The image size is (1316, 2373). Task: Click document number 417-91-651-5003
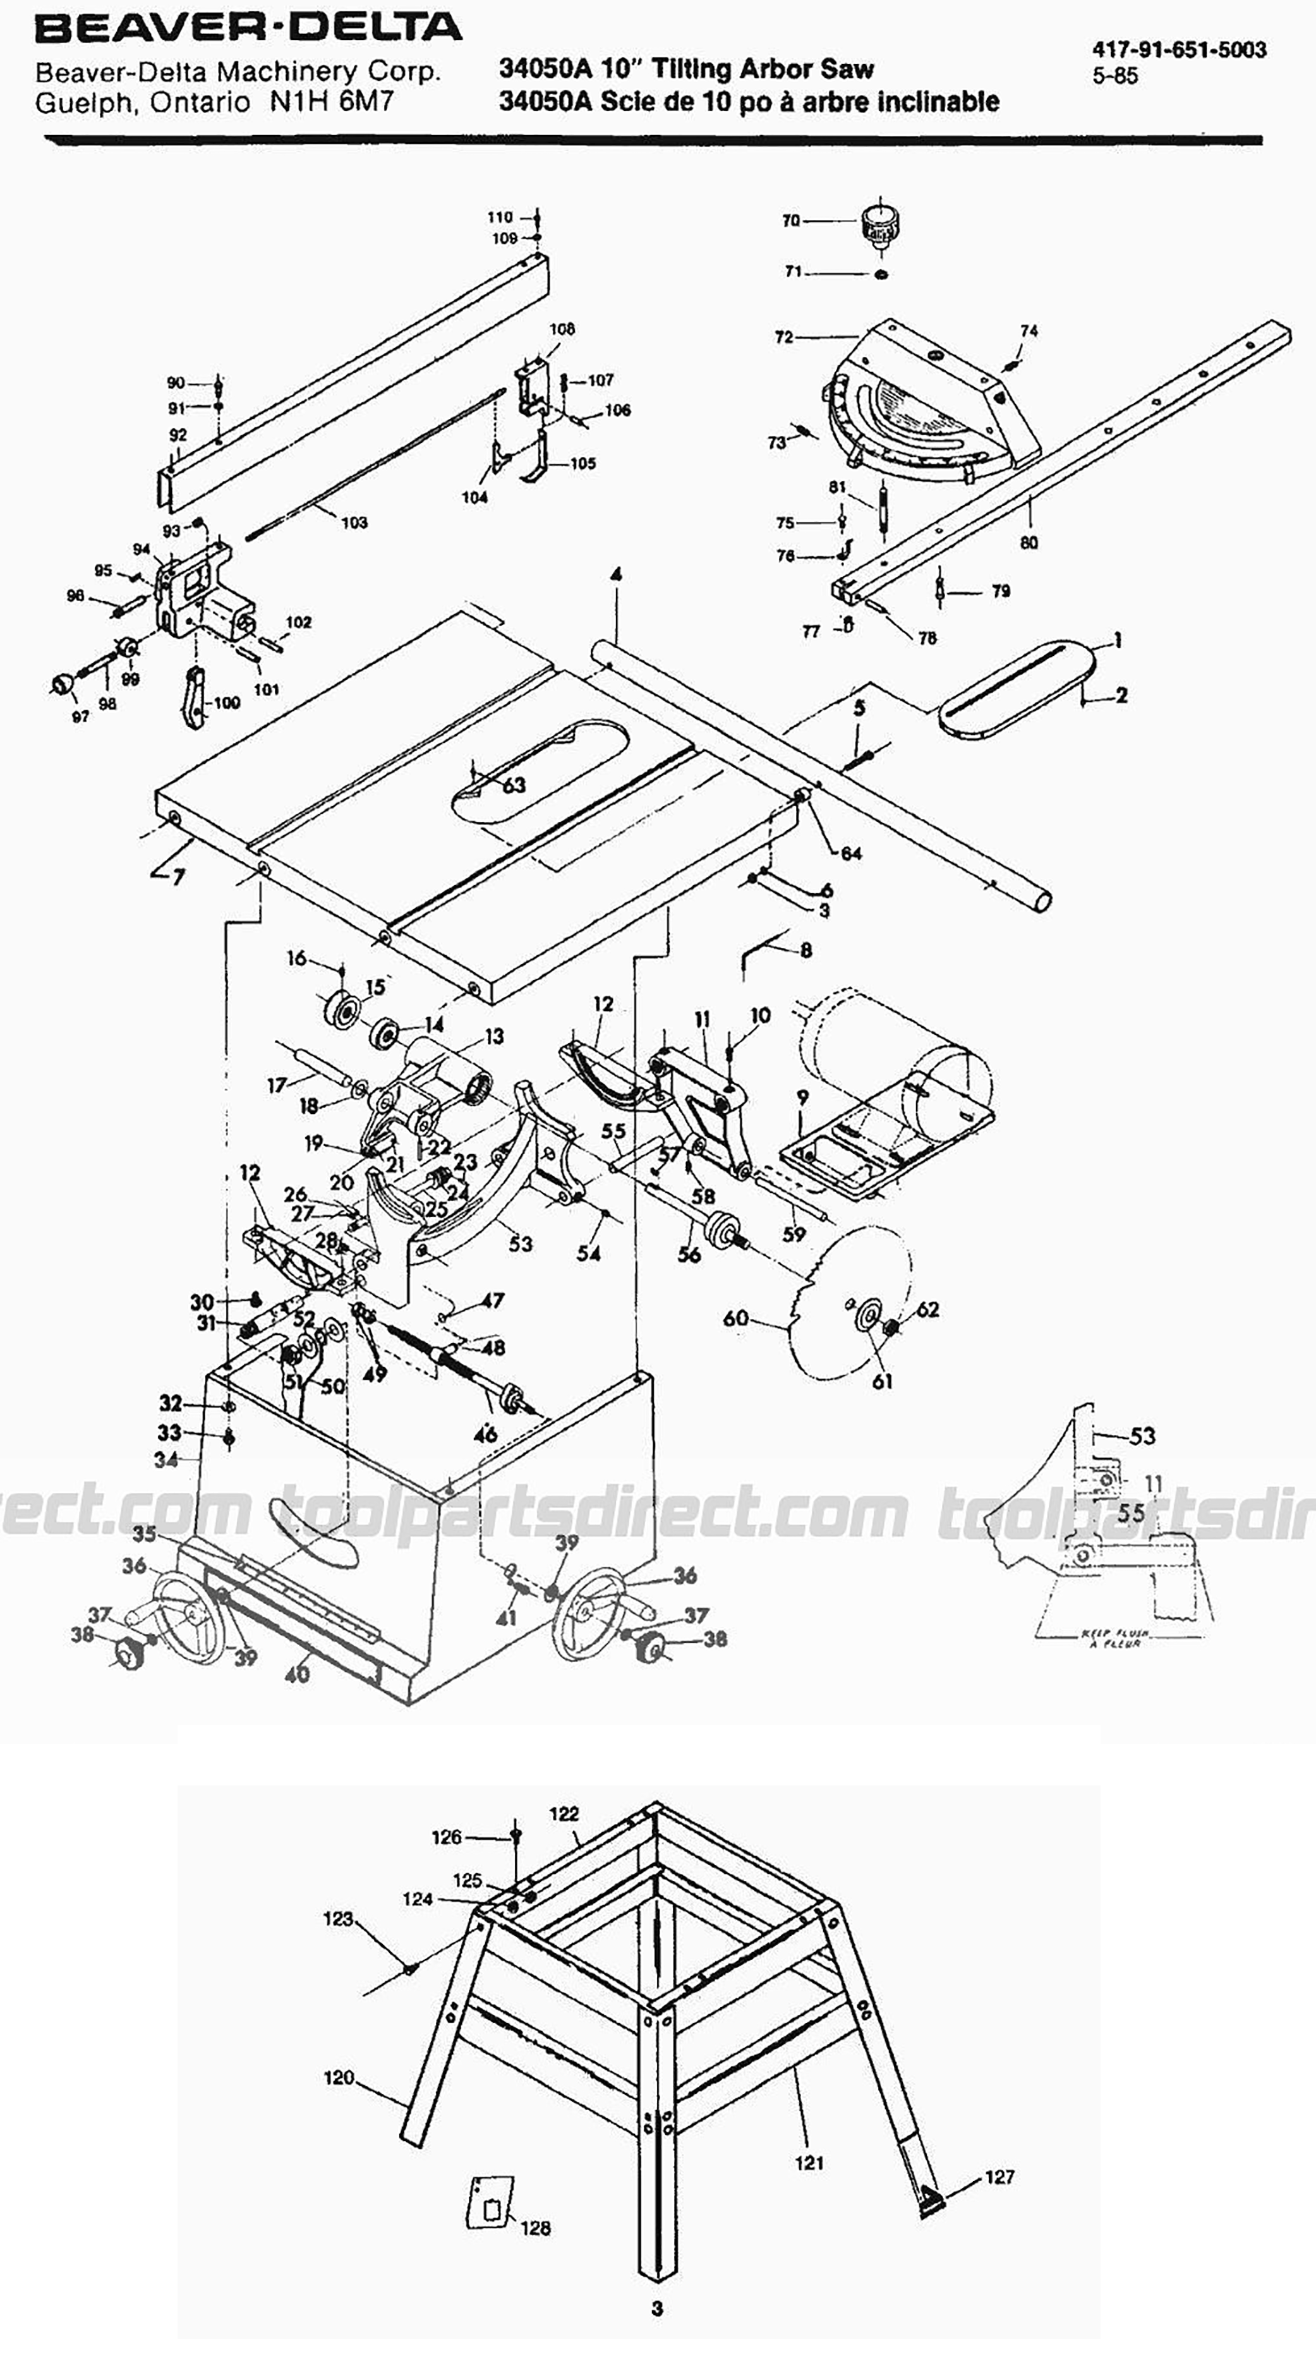pos(1179,51)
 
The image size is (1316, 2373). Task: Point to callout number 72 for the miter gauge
pos(783,337)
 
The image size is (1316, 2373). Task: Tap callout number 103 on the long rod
pos(354,522)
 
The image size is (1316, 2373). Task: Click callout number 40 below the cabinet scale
pos(296,1673)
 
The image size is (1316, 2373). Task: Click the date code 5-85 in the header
pos(1115,76)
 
